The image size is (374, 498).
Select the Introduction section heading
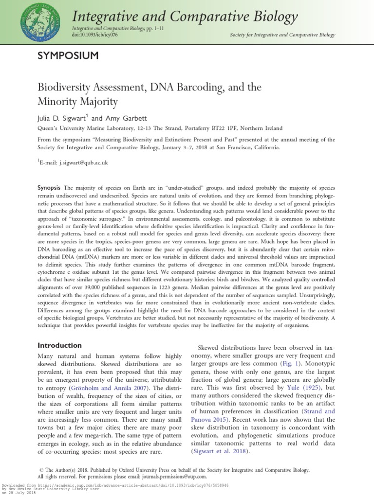click(60, 345)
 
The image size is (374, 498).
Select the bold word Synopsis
click(49, 188)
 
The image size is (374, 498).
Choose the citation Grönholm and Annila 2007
click(93, 388)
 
